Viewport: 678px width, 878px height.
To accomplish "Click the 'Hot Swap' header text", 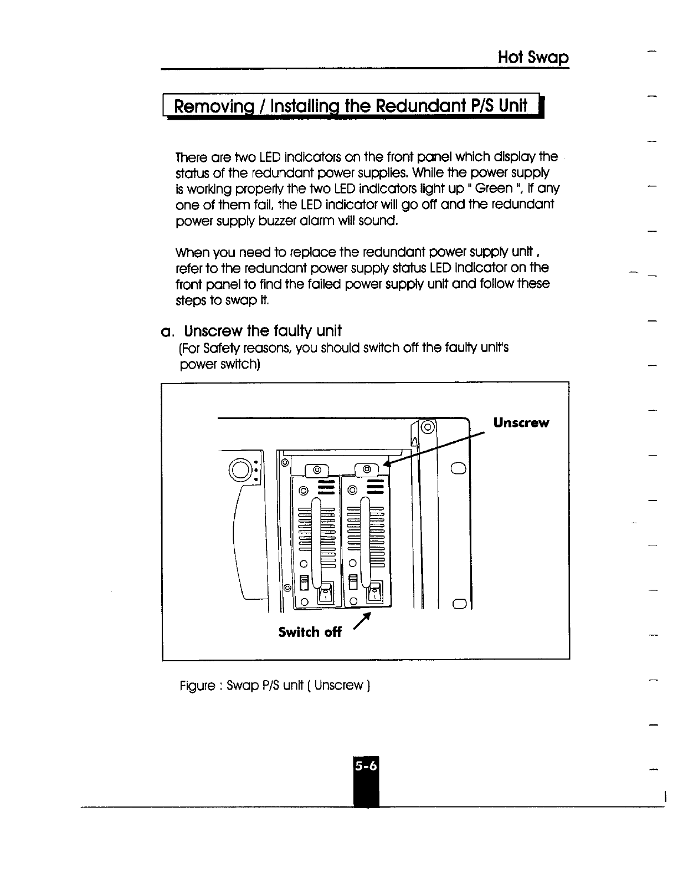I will [533, 58].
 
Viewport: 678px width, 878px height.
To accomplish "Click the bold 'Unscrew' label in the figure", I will [521, 423].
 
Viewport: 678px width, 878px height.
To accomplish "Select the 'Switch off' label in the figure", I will [310, 632].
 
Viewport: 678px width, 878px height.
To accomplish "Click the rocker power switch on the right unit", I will [376, 591].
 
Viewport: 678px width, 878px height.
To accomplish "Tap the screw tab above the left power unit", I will [317, 470].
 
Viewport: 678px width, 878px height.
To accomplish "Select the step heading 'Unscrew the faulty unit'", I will [263, 331].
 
